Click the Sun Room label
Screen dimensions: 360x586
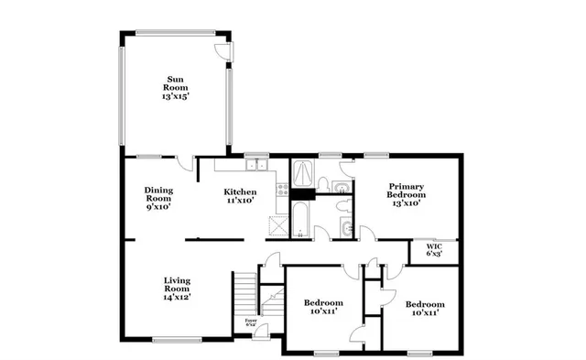(x=174, y=85)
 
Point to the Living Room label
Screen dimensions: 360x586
(x=177, y=289)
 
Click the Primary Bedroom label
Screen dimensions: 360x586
(x=405, y=194)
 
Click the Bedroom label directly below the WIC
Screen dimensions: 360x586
(x=425, y=308)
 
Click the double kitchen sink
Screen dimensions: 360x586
(x=255, y=166)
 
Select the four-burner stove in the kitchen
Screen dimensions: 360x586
(x=283, y=191)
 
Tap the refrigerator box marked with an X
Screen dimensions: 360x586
(x=278, y=224)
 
